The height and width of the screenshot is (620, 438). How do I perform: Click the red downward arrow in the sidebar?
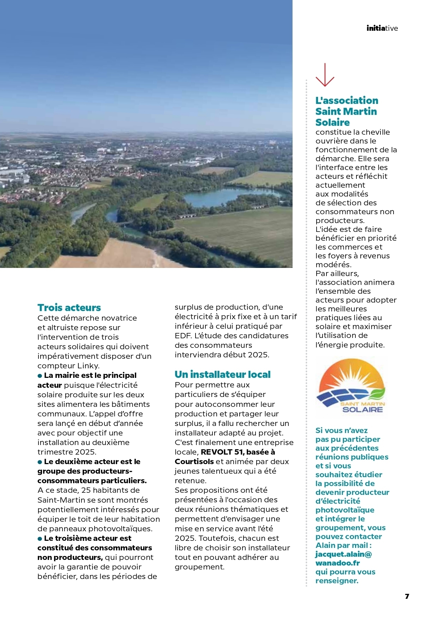click(325, 75)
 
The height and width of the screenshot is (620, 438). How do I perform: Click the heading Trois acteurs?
click(69, 308)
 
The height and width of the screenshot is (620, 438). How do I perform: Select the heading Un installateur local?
click(222, 374)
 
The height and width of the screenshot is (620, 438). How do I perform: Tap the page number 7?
click(407, 596)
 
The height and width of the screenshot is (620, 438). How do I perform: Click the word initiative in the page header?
click(382, 28)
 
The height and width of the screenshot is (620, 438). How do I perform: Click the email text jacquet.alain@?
click(343, 554)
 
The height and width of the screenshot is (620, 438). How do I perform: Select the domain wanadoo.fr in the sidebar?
click(337, 563)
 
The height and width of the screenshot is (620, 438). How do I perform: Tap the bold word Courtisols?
click(194, 462)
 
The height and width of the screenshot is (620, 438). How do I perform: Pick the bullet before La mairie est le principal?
click(40, 376)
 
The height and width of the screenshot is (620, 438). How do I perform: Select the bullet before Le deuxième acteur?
click(40, 462)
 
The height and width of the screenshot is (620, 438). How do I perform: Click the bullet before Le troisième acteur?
click(40, 539)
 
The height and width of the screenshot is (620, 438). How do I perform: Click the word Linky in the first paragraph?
click(88, 366)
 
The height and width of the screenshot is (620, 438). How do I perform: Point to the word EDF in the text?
click(183, 336)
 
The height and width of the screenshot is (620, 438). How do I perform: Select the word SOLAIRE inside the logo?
click(362, 410)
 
